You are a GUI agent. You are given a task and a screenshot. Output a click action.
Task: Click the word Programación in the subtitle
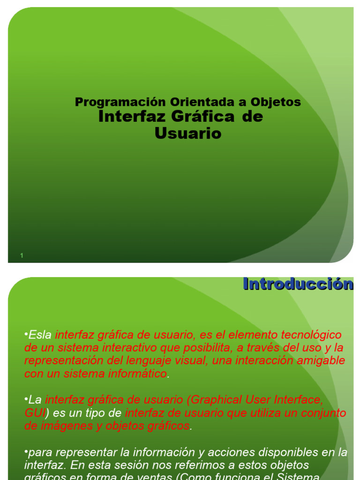[x=120, y=102]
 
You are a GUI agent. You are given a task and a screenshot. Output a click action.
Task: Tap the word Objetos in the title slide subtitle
[x=276, y=102]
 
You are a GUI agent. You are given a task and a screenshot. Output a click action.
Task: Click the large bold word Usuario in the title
[x=187, y=134]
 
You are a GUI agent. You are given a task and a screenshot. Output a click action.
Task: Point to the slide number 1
[x=22, y=255]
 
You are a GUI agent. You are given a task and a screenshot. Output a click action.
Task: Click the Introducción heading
[x=298, y=284]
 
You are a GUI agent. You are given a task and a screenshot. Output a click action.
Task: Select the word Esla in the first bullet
[x=40, y=335]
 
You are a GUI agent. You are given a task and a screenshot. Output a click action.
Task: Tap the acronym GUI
[x=35, y=413]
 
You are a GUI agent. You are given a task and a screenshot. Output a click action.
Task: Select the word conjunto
[x=321, y=413]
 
